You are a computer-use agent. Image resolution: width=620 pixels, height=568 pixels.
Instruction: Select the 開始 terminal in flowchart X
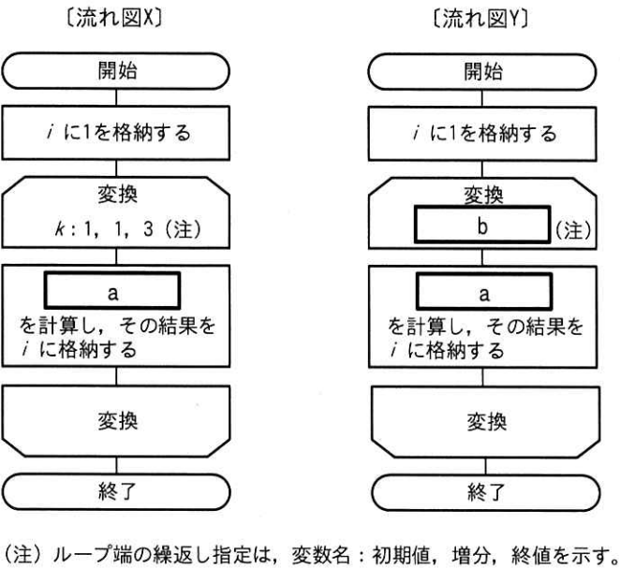(115, 72)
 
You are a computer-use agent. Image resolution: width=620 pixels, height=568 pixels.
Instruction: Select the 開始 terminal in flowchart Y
(483, 72)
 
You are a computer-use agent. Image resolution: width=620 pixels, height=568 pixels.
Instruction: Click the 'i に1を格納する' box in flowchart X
(115, 134)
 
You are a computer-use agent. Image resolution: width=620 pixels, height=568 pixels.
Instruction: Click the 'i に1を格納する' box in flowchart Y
(483, 134)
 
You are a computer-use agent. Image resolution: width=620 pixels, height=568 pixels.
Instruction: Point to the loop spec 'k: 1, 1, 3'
(117, 227)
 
